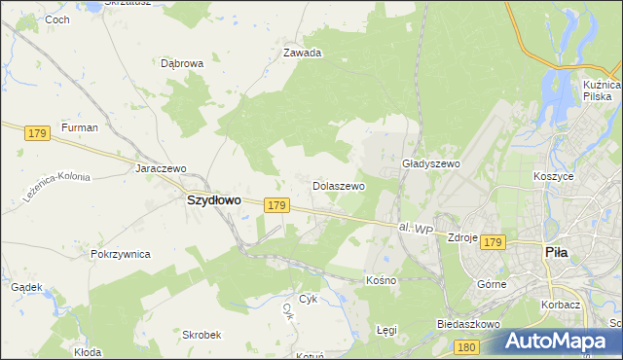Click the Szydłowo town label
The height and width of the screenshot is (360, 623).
[x=213, y=199]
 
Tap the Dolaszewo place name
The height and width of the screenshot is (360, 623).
[x=338, y=185]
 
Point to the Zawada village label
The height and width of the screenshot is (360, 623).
[x=302, y=54]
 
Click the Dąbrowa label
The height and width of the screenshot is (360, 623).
[x=181, y=63]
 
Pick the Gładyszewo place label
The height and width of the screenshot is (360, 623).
[x=430, y=164]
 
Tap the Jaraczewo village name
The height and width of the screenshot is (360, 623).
[x=160, y=167]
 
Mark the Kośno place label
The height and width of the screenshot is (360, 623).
[x=382, y=280]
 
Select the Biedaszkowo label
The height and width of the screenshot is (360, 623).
[x=468, y=323]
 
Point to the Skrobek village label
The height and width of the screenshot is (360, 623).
[x=202, y=334]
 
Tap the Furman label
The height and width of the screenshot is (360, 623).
[x=80, y=127]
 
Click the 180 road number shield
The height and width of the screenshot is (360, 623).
[x=467, y=345]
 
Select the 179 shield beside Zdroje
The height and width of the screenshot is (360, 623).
[x=494, y=241]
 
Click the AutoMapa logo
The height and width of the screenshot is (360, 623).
[x=557, y=342]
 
